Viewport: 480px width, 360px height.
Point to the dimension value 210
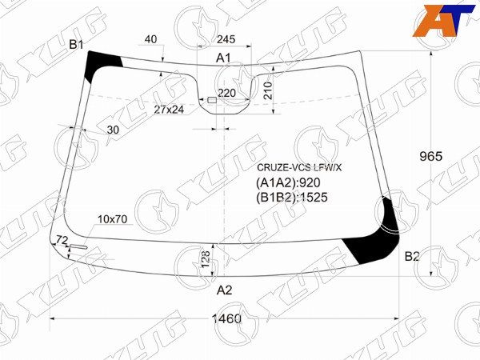pyautogui.click(x=268, y=90)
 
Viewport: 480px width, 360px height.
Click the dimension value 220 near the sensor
pyautogui.click(x=227, y=94)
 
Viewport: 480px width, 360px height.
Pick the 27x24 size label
pyautogui.click(x=169, y=109)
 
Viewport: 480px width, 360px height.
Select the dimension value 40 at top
pyautogui.click(x=151, y=40)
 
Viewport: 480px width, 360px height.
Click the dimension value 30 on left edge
pyautogui.click(x=112, y=130)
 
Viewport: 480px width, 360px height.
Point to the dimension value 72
pyautogui.click(x=61, y=240)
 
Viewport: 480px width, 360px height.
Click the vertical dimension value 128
pyautogui.click(x=205, y=258)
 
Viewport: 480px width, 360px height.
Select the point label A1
pyautogui.click(x=224, y=58)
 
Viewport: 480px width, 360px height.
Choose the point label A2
pyautogui.click(x=225, y=290)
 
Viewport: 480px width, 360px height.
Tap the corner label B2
pyautogui.click(x=411, y=256)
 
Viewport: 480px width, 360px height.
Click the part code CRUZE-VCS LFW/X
pyautogui.click(x=298, y=167)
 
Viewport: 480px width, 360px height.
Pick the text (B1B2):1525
pyautogui.click(x=293, y=197)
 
